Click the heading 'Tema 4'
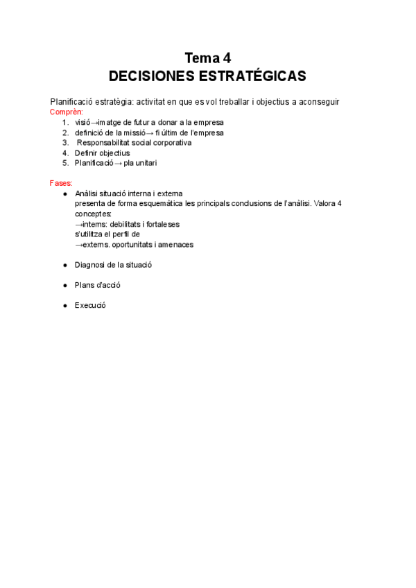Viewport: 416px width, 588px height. coord(207,58)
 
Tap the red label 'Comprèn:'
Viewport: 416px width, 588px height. coord(67,112)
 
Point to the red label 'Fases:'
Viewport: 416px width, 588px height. coord(61,183)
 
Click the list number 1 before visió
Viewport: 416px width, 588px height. coord(64,122)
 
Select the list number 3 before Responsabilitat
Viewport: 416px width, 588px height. coord(64,143)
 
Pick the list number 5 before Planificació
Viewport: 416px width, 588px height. coord(64,163)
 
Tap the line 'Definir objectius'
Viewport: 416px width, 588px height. coord(102,153)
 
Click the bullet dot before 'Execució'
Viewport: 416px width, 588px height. coord(65,305)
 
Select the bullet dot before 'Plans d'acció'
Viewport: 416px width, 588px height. coord(65,285)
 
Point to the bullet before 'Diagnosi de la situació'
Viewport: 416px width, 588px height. coord(65,265)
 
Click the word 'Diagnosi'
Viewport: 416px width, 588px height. coord(89,265)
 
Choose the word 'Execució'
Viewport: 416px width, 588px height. coord(90,305)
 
